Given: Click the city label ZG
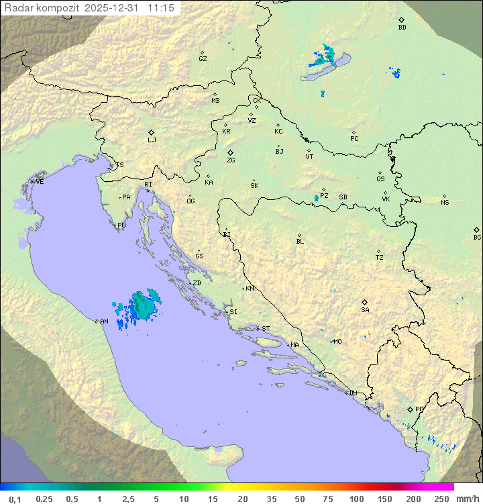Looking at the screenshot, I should [x=231, y=160].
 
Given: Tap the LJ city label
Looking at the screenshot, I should [x=152, y=140].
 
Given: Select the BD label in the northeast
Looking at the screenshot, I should [x=402, y=28].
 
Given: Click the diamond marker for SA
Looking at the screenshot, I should [x=365, y=302].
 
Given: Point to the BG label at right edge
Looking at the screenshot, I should [x=477, y=237].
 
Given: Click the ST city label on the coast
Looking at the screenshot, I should [x=266, y=329].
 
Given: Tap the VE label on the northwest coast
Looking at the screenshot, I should [x=40, y=182].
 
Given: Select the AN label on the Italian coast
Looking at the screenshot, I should [x=104, y=321].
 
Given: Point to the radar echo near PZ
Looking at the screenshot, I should [x=317, y=198].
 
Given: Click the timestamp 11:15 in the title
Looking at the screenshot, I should [x=162, y=8].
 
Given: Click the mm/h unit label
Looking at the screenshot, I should [x=466, y=499].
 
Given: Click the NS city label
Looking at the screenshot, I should [x=445, y=203].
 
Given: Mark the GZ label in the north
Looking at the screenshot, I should [x=203, y=59].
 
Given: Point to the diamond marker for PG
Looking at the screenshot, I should [x=411, y=409].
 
